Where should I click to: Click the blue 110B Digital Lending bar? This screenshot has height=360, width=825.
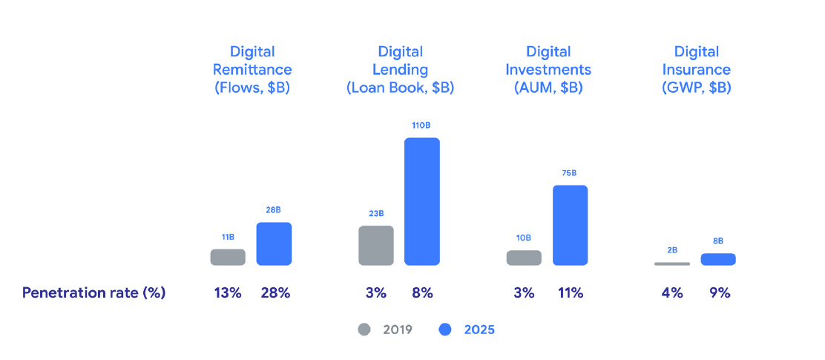click(x=421, y=201)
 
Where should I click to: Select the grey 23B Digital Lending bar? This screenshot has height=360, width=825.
click(x=376, y=245)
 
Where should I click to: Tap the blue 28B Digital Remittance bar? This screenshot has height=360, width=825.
click(x=274, y=243)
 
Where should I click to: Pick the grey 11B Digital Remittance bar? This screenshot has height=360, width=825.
click(x=228, y=257)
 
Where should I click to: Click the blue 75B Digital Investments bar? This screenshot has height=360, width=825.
click(x=570, y=225)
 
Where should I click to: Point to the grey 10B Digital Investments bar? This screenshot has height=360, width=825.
click(x=524, y=258)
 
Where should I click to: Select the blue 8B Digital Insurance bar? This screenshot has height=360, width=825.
click(x=717, y=259)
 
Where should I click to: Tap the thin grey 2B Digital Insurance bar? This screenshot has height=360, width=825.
click(x=672, y=264)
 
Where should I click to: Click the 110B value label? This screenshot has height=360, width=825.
click(x=421, y=125)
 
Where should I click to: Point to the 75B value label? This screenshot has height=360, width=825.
click(x=569, y=173)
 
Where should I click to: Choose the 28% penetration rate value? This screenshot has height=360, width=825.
click(x=275, y=292)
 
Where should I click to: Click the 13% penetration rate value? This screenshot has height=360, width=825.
click(x=228, y=292)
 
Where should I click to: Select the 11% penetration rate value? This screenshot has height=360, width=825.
click(x=571, y=292)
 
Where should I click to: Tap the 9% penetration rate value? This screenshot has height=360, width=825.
click(x=719, y=292)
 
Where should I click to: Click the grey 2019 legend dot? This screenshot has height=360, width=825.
click(x=364, y=329)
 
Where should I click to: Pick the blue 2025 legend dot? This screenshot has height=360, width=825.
click(x=445, y=329)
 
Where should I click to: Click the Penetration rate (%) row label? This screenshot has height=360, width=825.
click(x=93, y=292)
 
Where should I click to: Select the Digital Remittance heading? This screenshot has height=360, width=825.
click(x=252, y=61)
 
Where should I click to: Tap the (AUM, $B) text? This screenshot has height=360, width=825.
click(x=549, y=88)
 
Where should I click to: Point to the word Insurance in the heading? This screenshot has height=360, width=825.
click(x=697, y=70)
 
